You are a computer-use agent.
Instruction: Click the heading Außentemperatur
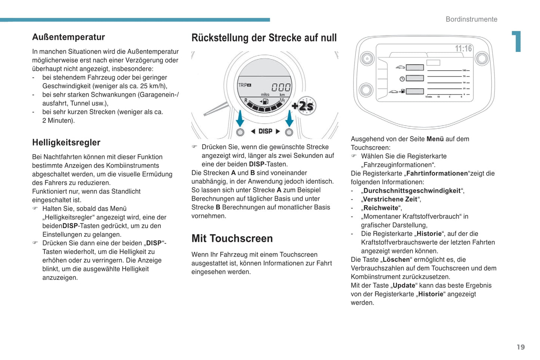click(x=68, y=37)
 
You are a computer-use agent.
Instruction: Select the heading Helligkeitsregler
click(x=66, y=142)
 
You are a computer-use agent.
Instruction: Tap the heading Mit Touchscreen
click(x=232, y=238)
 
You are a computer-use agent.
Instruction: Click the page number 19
click(x=521, y=347)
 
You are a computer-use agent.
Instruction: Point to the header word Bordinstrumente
click(x=471, y=19)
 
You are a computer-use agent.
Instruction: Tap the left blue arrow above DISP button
click(x=240, y=118)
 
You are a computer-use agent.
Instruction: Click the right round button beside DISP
click(x=289, y=132)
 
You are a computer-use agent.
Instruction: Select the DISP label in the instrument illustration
click(x=265, y=131)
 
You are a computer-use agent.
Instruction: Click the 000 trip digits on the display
click(x=281, y=87)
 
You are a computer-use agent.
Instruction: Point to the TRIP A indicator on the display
click(x=245, y=85)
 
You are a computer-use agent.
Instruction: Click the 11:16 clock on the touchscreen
click(x=463, y=49)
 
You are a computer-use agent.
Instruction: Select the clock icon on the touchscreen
click(x=402, y=79)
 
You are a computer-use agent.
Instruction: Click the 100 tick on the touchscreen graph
click(x=465, y=70)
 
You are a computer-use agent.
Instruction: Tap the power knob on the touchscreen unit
click(x=367, y=59)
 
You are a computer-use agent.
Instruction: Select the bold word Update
click(x=404, y=285)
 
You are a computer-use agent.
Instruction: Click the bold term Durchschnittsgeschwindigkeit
click(x=412, y=190)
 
